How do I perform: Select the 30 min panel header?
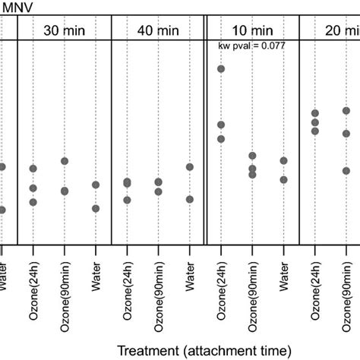click(64, 30)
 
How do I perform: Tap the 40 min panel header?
click(158, 30)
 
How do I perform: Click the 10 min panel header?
click(252, 30)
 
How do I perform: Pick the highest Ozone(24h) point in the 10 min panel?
click(221, 69)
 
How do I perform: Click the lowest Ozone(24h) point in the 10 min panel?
click(221, 139)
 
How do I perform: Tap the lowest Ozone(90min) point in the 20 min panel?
click(346, 171)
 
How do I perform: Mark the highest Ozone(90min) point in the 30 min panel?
click(65, 161)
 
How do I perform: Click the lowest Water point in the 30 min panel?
click(96, 208)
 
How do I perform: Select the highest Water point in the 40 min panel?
click(189, 167)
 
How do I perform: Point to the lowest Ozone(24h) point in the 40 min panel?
click(127, 200)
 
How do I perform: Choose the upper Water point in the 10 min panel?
click(283, 161)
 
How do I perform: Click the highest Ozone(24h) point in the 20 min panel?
click(314, 114)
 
